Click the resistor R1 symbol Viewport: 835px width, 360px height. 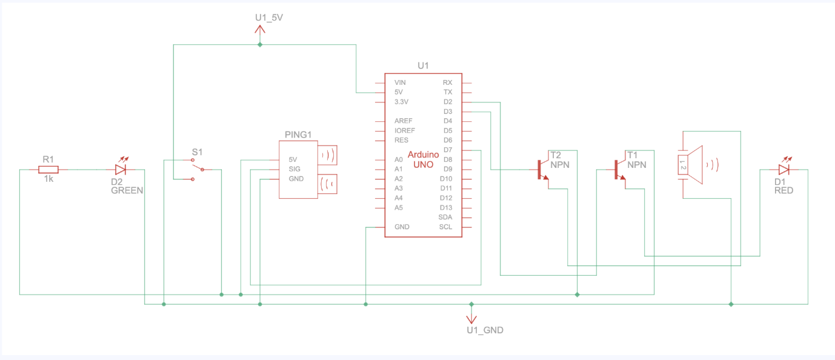[x=48, y=170]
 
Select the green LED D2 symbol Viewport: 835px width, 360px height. [x=120, y=170]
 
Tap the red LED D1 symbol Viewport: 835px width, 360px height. [x=784, y=170]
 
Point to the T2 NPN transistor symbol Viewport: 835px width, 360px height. [x=542, y=170]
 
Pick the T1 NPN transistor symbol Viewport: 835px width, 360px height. [x=619, y=170]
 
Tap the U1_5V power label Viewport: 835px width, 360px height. [x=269, y=18]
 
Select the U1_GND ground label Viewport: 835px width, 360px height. [x=485, y=330]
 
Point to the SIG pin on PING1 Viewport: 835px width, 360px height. [x=294, y=169]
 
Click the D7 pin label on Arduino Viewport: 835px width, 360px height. [x=448, y=150]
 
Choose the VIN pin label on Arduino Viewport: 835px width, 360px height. [x=400, y=82]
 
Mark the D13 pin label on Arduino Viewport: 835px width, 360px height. [x=446, y=207]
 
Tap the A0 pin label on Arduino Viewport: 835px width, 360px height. [x=398, y=159]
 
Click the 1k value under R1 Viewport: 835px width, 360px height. [x=48, y=180]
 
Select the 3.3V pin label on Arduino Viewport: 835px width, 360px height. [x=402, y=102]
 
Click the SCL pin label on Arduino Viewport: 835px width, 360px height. [x=445, y=227]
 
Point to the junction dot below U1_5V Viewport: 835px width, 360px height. [x=260, y=45]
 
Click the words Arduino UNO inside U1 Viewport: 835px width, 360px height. [x=423, y=159]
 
